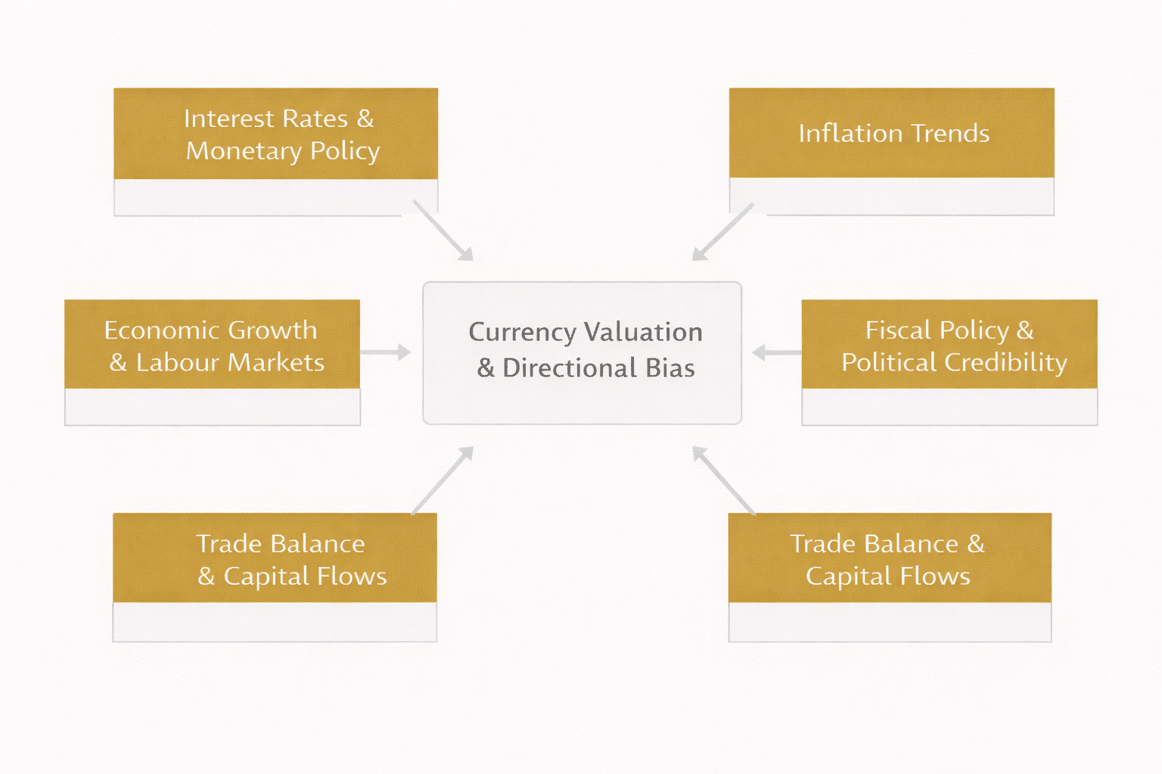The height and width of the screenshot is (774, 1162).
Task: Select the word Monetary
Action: pyautogui.click(x=244, y=150)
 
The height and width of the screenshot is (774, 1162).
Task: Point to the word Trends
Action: pyautogui.click(x=950, y=133)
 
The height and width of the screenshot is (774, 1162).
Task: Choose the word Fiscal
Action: pyautogui.click(x=898, y=330)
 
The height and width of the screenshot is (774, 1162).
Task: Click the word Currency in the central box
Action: pyautogui.click(x=522, y=332)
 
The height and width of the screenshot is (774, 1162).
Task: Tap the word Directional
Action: pyautogui.click(x=570, y=368)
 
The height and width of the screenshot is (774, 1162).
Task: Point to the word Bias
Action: pyautogui.click(x=670, y=368)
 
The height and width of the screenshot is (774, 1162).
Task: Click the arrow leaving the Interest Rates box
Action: pyautogui.click(x=443, y=231)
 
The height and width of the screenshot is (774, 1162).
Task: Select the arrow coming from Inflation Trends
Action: pyautogui.click(x=723, y=231)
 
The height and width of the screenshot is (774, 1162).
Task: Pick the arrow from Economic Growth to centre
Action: pyautogui.click(x=385, y=352)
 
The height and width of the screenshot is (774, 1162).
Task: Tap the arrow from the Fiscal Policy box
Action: pyautogui.click(x=777, y=352)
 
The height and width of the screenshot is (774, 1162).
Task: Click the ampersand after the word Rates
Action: pyautogui.click(x=365, y=119)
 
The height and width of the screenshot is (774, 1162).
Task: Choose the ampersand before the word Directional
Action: pyautogui.click(x=486, y=368)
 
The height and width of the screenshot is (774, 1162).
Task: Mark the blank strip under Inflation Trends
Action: pyautogui.click(x=891, y=197)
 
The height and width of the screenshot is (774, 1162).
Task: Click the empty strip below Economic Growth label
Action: pyautogui.click(x=212, y=407)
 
